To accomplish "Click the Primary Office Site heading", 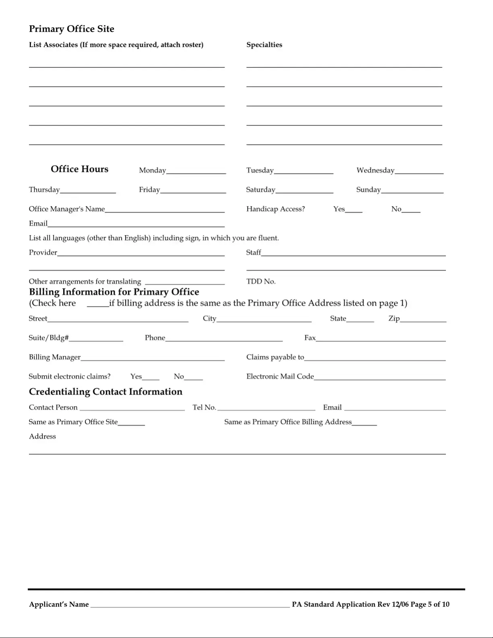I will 72,29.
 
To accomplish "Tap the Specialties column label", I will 264,45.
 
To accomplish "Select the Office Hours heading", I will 79,169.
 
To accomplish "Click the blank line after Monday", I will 196,171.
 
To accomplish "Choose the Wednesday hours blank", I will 419,171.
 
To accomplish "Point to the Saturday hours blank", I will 304,190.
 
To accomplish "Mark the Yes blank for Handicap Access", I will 354,209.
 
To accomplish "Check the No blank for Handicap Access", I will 411,209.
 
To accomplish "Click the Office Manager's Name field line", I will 165,209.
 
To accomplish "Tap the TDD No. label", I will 261,281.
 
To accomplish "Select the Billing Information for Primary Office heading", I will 114,292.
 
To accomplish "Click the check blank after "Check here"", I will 98,304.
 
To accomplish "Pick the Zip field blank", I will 423,319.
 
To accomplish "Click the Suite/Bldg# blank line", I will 96,339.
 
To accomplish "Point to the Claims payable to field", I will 375,358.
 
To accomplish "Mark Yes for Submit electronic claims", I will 151,377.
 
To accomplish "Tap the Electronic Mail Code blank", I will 380,377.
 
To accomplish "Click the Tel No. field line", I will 266,408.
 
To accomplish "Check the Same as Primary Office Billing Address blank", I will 364,423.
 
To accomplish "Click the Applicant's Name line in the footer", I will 190,605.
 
